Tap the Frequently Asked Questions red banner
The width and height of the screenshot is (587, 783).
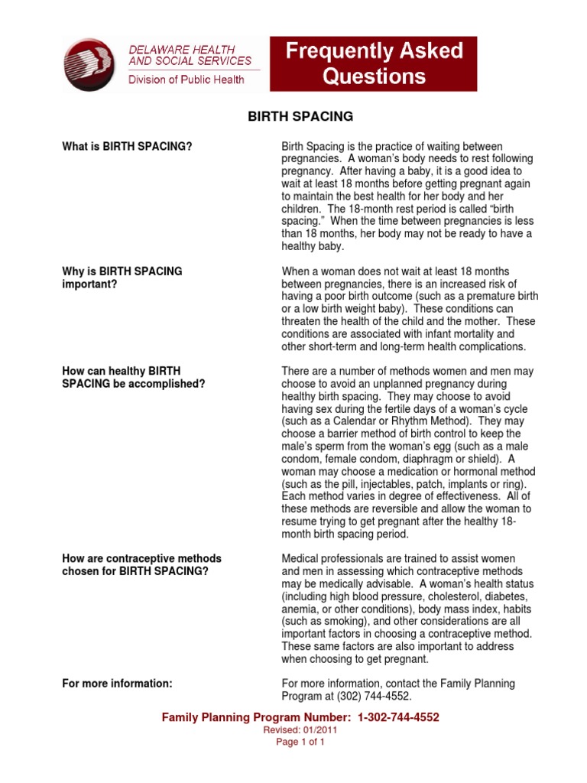375,63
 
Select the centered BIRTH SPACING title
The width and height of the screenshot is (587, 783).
300,117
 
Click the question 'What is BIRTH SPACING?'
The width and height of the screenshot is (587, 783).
127,146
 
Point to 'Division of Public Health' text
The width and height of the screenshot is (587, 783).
186,80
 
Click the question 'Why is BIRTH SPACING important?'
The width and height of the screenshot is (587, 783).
122,278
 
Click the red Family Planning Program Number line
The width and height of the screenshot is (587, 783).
300,717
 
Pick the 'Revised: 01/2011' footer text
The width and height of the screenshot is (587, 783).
300,730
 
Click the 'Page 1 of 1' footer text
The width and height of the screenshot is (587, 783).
300,742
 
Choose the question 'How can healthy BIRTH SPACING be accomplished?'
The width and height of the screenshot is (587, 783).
134,377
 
